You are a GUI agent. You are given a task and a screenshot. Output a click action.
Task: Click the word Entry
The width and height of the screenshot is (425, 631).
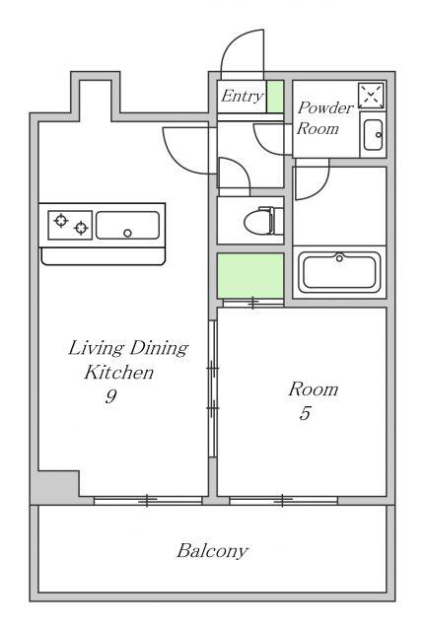coord(243,97)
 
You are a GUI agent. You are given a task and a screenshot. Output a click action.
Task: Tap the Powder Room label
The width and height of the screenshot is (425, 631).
coord(324,118)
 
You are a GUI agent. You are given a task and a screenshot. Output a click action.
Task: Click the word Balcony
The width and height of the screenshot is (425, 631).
coord(212,551)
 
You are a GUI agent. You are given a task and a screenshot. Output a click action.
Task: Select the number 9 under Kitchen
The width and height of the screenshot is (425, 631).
coord(111,396)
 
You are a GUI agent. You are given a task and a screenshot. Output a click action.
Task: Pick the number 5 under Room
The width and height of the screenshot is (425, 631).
coord(305,413)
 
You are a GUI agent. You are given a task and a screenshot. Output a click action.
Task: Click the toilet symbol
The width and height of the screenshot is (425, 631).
coord(264,221)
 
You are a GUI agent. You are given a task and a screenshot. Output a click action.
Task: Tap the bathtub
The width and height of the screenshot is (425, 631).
coord(339,272)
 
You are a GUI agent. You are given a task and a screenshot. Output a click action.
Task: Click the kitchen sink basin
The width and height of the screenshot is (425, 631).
coord(127,226)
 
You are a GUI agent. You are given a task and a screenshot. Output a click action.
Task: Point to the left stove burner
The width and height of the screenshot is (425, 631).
coord(61,221)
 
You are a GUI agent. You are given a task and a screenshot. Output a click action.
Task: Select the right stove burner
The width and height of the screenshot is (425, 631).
coord(81,228)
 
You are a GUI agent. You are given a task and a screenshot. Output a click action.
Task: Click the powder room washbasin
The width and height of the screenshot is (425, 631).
coord(373,135)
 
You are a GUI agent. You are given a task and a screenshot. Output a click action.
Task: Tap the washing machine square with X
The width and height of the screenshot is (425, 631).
coord(371,96)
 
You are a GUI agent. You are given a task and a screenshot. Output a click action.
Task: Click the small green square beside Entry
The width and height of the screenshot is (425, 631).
coord(276,97)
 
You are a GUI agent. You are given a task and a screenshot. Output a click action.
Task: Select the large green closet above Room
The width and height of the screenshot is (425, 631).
coord(250,276)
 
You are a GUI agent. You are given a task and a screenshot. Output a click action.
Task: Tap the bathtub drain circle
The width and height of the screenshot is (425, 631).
coord(339,258)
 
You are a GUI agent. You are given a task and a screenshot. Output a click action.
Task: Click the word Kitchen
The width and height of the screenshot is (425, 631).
coord(119,373)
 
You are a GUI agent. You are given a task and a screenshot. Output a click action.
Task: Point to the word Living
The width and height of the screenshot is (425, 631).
coord(96,348)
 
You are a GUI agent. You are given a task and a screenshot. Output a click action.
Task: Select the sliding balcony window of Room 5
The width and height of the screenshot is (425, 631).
coord(283,501)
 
